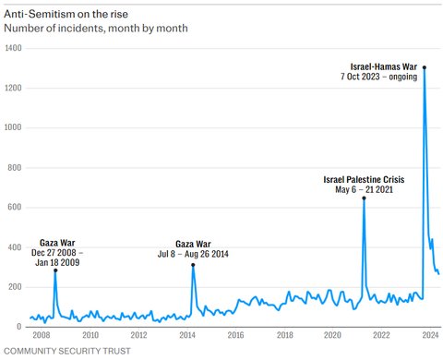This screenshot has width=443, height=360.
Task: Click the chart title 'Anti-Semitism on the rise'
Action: (x=66, y=14)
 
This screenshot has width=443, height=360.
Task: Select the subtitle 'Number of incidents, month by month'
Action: (x=96, y=29)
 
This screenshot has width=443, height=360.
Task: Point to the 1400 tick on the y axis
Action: (x=13, y=48)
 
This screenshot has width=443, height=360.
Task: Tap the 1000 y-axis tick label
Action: (x=13, y=127)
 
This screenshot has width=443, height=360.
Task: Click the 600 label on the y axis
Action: (x=15, y=207)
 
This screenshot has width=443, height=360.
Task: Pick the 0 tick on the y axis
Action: (x=19, y=327)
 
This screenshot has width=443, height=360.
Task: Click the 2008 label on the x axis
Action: (x=42, y=335)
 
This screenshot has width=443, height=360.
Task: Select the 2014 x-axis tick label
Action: (x=187, y=335)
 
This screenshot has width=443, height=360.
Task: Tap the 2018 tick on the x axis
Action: (x=284, y=335)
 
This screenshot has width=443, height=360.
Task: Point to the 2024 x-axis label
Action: (x=430, y=335)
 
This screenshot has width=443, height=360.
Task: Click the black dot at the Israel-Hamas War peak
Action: (x=425, y=67)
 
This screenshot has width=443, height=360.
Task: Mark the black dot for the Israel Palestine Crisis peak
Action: (x=364, y=198)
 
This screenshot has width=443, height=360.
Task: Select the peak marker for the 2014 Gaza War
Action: (x=193, y=265)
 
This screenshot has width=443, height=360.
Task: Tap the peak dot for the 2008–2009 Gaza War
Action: (x=55, y=270)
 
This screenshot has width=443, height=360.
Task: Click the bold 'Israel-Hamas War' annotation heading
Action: (x=384, y=66)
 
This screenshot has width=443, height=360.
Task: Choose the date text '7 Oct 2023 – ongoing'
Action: (x=378, y=77)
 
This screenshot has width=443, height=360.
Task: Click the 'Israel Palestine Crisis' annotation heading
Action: (x=364, y=179)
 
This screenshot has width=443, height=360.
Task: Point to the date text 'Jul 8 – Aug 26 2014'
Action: (x=193, y=254)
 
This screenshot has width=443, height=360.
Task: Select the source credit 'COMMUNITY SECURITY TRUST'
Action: (x=67, y=351)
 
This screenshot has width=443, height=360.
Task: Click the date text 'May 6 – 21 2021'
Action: (x=364, y=189)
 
